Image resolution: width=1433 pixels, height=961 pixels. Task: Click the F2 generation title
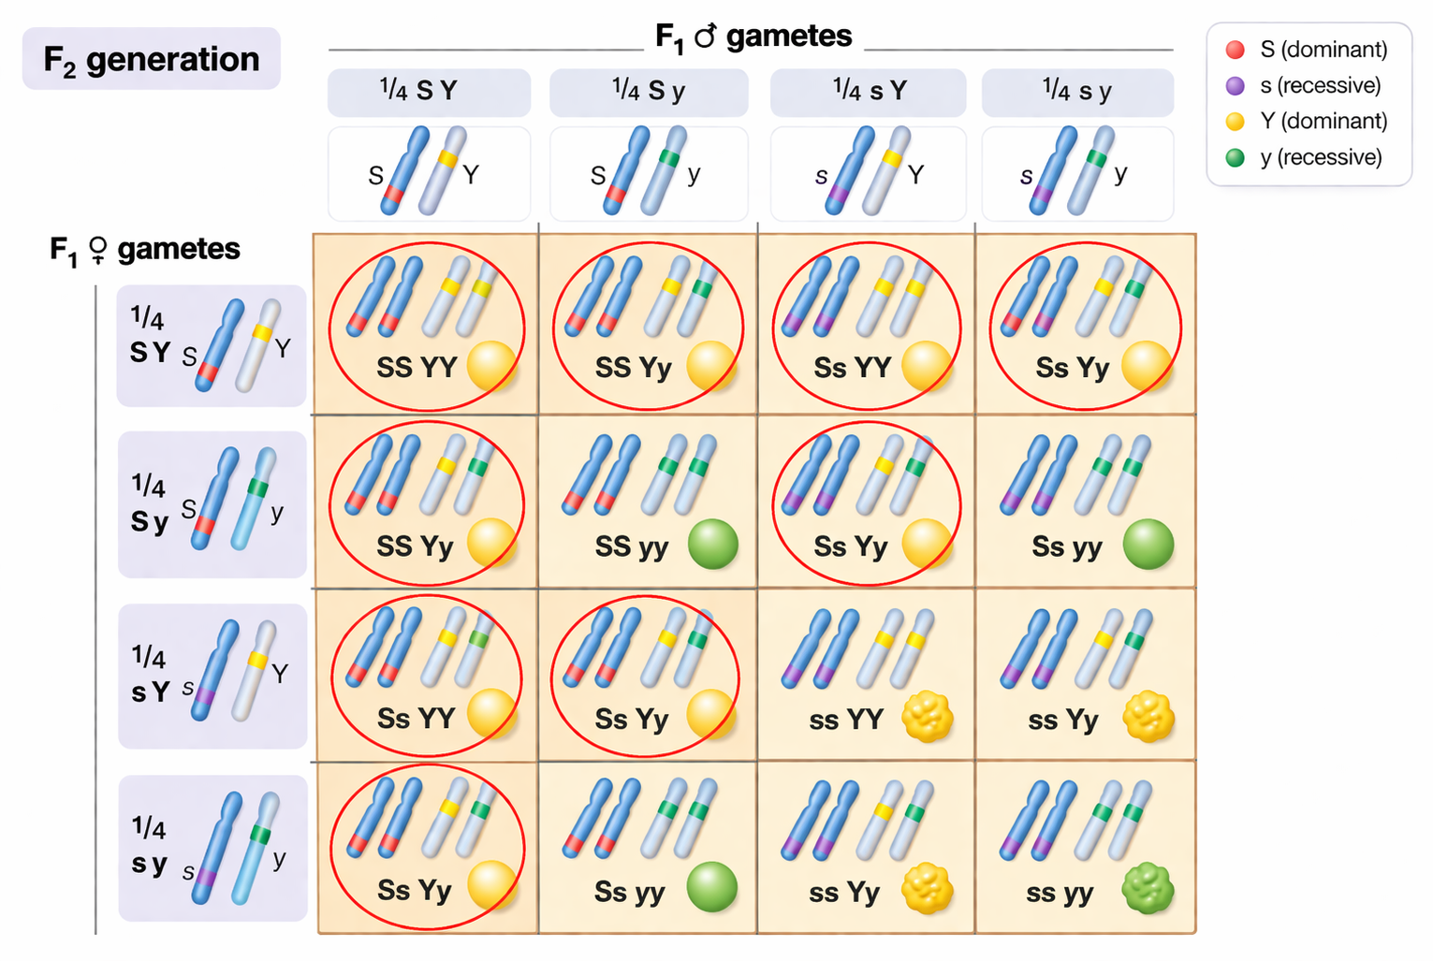tap(151, 59)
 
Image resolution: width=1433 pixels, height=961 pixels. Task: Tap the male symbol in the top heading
tap(705, 36)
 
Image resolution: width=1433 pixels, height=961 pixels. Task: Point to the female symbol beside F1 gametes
tap(97, 250)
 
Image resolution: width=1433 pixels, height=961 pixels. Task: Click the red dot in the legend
tap(1236, 50)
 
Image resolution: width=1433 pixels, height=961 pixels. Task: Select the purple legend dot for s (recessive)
tap(1236, 86)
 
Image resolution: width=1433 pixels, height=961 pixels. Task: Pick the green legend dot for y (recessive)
tap(1236, 157)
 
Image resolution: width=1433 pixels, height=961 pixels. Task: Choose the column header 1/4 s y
tap(1077, 91)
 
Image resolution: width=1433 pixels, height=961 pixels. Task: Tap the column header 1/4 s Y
tap(870, 91)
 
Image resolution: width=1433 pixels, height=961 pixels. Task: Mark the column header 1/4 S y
tap(649, 91)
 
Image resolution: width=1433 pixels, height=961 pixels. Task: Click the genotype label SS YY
tap(417, 367)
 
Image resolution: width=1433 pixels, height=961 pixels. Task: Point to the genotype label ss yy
tap(1060, 893)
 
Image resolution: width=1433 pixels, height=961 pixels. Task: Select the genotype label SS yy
tap(632, 546)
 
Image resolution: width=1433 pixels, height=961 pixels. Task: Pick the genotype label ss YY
tap(846, 720)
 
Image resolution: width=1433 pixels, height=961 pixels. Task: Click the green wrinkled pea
tap(1148, 889)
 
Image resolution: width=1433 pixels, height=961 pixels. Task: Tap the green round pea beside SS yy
tap(713, 545)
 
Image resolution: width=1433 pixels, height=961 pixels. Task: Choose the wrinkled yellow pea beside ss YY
tap(928, 717)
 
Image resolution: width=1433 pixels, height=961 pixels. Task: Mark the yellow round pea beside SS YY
tap(491, 365)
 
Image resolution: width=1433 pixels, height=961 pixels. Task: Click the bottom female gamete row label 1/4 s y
tap(150, 847)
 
